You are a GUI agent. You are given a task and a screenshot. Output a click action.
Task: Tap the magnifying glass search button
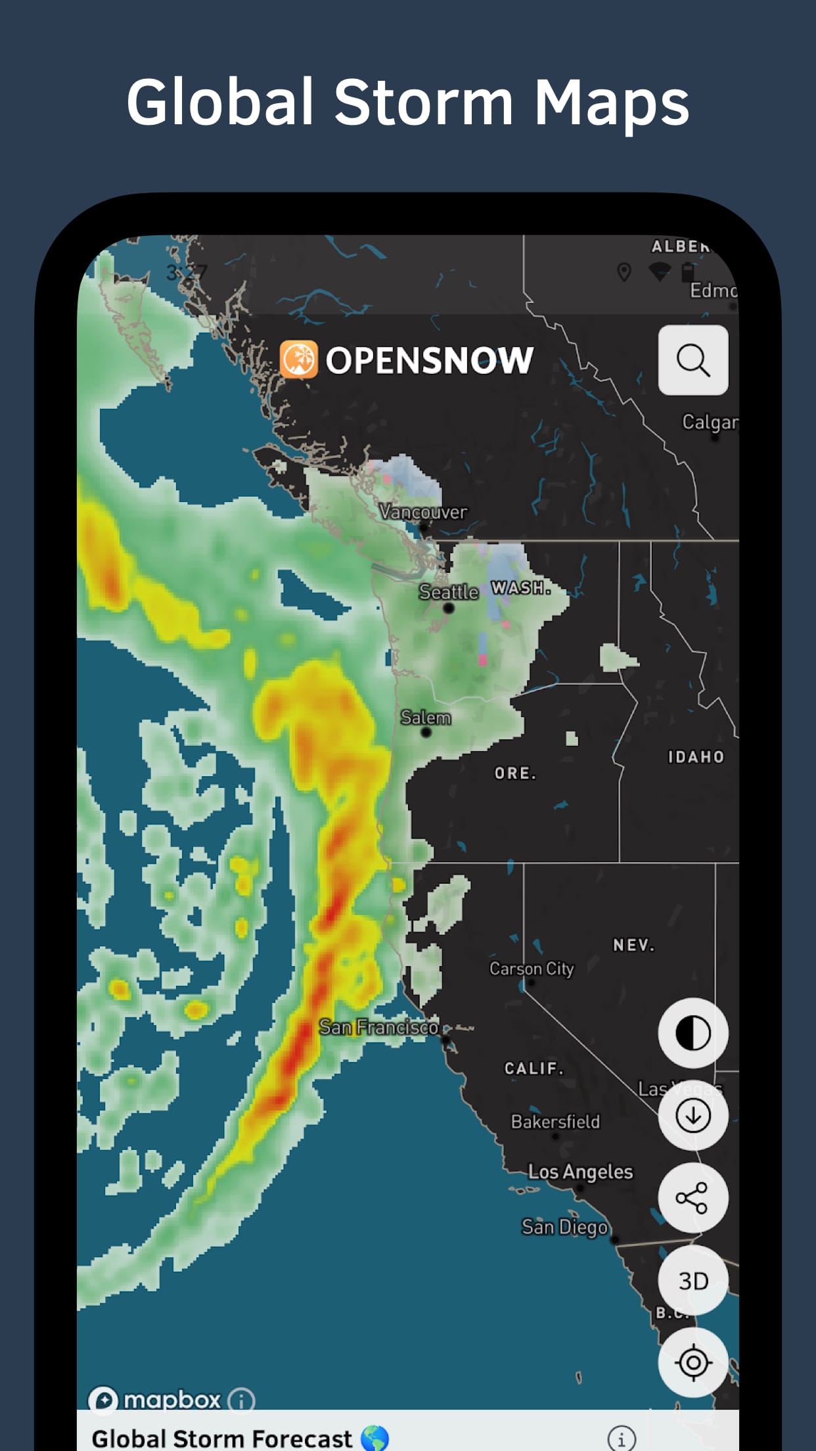pyautogui.click(x=693, y=360)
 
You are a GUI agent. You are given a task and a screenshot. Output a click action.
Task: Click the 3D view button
pyautogui.click(x=693, y=1280)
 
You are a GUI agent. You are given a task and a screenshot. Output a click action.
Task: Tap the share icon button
pyautogui.click(x=692, y=1197)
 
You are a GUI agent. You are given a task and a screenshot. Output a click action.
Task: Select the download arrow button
pyautogui.click(x=693, y=1115)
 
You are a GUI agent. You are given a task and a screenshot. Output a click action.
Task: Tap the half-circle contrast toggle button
pyautogui.click(x=693, y=1032)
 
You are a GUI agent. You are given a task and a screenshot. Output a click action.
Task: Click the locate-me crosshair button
pyautogui.click(x=693, y=1362)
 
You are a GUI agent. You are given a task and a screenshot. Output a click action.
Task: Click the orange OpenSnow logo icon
pyautogui.click(x=299, y=359)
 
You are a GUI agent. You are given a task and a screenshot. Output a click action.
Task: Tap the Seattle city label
pyautogui.click(x=449, y=592)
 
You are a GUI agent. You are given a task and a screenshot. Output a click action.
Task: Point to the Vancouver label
pyautogui.click(x=424, y=512)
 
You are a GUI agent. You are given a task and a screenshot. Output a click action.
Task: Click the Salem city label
pyautogui.click(x=426, y=718)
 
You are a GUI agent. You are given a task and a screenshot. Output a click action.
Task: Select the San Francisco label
pyautogui.click(x=378, y=1027)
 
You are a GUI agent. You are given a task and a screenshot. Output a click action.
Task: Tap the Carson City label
pyautogui.click(x=532, y=969)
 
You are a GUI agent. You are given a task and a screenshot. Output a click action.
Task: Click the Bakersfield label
pyautogui.click(x=555, y=1122)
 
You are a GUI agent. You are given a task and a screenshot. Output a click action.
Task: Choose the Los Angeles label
pyautogui.click(x=581, y=1172)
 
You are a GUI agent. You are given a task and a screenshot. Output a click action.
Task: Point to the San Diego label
pyautogui.click(x=564, y=1227)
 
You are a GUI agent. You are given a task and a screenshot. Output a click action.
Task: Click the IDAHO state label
pyautogui.click(x=696, y=757)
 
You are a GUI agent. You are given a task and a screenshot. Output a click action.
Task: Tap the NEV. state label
pyautogui.click(x=633, y=945)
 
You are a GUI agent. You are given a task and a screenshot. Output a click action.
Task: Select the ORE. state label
pyautogui.click(x=515, y=773)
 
